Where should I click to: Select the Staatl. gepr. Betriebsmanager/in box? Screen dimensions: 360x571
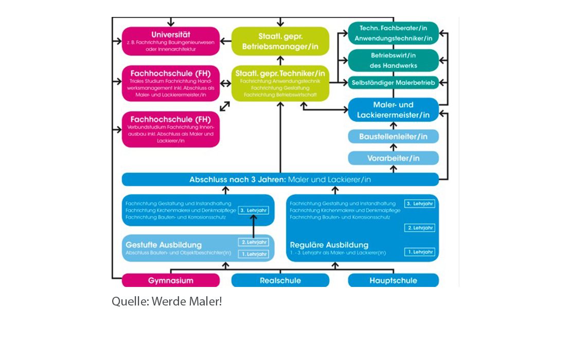coord(280,41)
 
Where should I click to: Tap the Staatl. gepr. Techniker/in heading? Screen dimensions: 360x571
coord(280,74)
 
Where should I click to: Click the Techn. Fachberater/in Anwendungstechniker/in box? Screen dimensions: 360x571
coord(393,32)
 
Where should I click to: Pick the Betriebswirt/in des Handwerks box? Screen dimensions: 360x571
coord(393,60)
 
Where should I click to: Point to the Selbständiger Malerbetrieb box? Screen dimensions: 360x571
coord(393,82)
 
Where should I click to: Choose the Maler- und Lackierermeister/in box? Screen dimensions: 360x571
coord(393,110)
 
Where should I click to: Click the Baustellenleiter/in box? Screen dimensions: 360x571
coord(393,136)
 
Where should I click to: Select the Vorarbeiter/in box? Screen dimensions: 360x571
coord(393,158)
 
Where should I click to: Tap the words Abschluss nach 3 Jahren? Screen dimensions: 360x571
coord(237,179)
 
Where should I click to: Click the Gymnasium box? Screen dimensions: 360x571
coord(171,281)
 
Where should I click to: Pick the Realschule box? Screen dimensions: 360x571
coord(280,281)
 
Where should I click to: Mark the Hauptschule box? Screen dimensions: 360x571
coord(393,281)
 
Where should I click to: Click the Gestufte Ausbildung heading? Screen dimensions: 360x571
coord(164,245)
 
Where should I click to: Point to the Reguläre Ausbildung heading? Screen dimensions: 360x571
coord(329,245)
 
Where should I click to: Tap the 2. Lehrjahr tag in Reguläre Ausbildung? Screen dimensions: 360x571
coord(419,228)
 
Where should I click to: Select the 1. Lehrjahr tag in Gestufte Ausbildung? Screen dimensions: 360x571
coord(254,254)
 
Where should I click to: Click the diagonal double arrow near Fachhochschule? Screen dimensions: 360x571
coord(225,106)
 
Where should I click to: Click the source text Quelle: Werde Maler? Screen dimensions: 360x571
coord(167,301)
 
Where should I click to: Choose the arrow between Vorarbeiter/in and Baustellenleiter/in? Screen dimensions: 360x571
coord(393,147)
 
